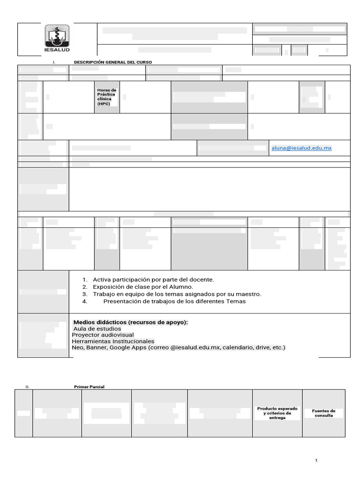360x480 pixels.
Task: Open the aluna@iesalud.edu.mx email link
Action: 301,148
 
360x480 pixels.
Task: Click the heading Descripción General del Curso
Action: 113,62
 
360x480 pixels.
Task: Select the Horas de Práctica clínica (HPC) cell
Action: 107,97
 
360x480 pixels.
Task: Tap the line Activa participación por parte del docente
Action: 153,279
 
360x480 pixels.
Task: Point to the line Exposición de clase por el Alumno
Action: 143,286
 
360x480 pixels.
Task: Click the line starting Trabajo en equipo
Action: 177,294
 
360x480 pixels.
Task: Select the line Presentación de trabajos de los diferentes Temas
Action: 174,301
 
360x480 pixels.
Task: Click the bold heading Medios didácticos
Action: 131,322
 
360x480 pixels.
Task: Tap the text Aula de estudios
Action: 97,329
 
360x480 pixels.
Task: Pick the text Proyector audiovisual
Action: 103,335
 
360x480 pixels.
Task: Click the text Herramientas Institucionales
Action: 113,341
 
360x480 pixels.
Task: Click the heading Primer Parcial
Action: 89,387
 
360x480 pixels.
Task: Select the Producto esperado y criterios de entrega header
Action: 277,413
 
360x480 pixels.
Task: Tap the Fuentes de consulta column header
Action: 324,413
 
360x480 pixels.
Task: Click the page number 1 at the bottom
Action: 316,461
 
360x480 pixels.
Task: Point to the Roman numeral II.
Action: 28,387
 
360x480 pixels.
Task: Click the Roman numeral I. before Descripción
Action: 54,62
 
